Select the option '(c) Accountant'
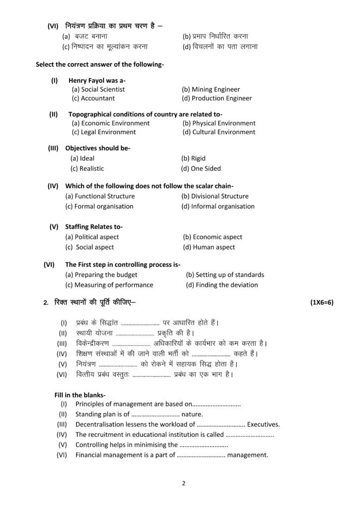point(93,98)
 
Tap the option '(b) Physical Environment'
point(219,123)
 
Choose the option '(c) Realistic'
point(87,169)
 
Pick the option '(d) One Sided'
point(201,169)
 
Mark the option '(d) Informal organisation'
point(218,206)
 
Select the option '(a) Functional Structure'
point(100,196)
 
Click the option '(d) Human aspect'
point(209,247)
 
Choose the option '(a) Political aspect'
point(92,237)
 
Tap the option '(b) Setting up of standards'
point(225,275)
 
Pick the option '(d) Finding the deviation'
point(222,285)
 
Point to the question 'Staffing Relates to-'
point(94,227)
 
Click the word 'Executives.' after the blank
point(264,424)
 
